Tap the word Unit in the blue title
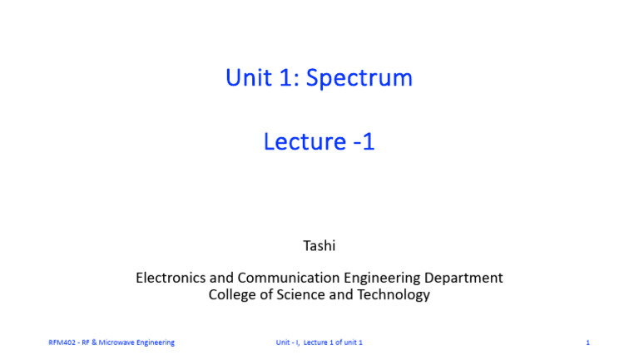(248, 78)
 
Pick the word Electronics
(172, 278)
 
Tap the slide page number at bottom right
(587, 343)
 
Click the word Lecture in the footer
(317, 343)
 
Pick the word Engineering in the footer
(156, 343)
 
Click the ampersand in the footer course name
(96, 343)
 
